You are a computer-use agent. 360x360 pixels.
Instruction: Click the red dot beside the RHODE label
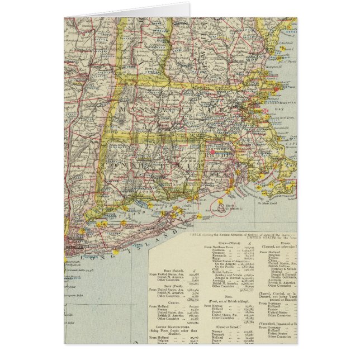click(212, 152)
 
